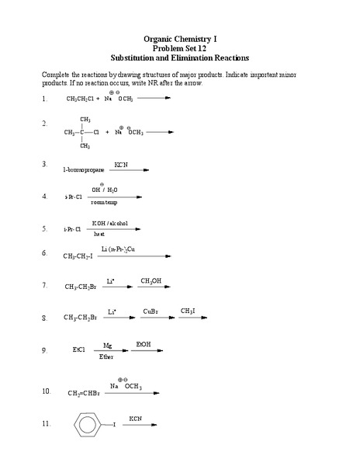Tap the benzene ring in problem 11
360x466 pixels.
pos(87,425)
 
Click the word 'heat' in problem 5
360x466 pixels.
pos(99,234)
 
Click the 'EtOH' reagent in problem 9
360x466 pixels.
pos(144,343)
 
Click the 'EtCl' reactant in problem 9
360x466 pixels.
pos(79,350)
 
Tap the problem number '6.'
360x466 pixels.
pos(45,253)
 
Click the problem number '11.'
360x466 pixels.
pos(47,424)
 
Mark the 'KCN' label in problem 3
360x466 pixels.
pos(121,164)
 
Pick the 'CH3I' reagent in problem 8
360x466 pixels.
pos(188,311)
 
